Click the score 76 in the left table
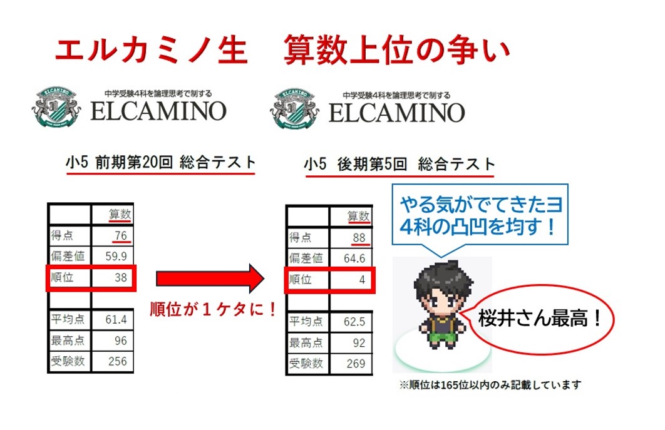121,235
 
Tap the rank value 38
121,277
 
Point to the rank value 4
362,279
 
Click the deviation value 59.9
117,256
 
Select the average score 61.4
116,320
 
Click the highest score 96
121,340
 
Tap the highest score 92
359,343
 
